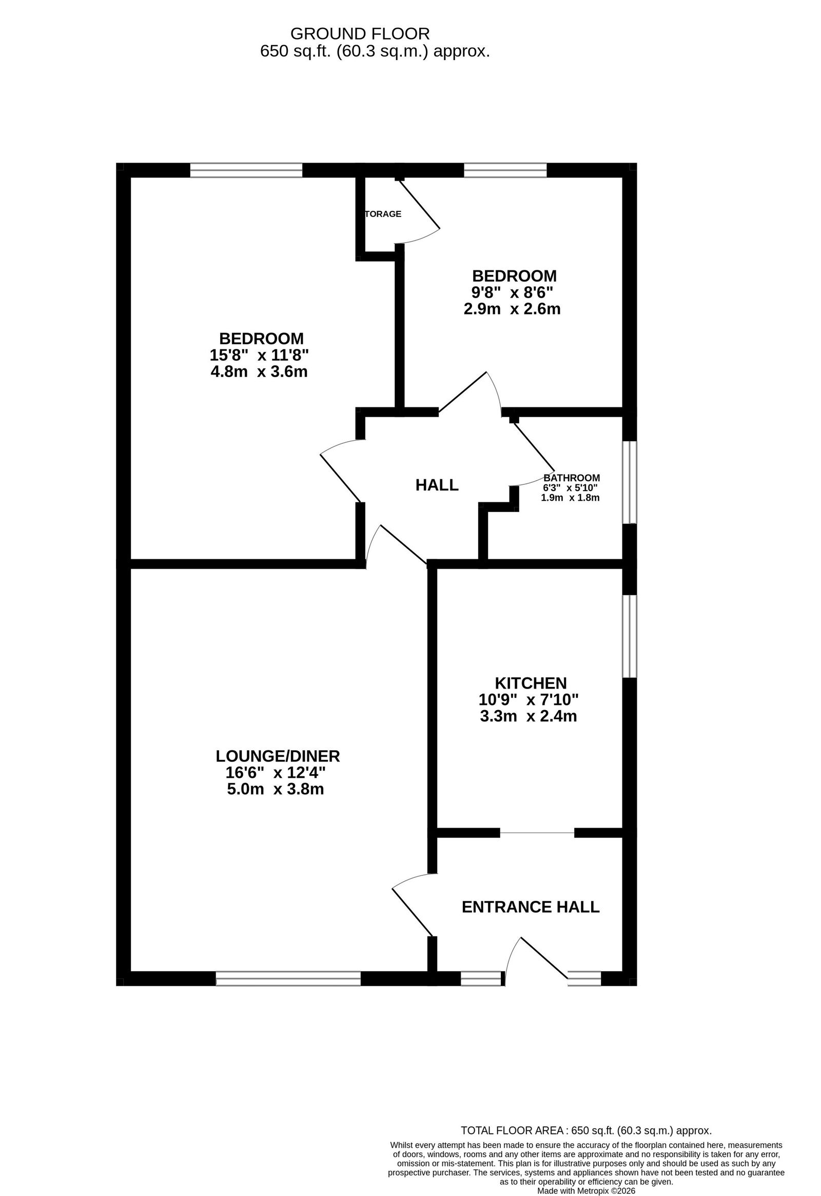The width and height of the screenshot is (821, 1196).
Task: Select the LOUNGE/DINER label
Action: [278, 756]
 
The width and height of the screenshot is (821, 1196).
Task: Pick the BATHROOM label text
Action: [571, 478]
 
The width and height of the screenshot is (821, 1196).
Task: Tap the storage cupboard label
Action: [383, 213]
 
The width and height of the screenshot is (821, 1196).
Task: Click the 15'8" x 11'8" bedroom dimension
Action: [260, 355]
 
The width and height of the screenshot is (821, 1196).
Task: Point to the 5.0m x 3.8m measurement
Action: [276, 789]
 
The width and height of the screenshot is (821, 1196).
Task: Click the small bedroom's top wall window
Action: [505, 170]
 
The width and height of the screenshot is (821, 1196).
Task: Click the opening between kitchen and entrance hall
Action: [537, 833]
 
